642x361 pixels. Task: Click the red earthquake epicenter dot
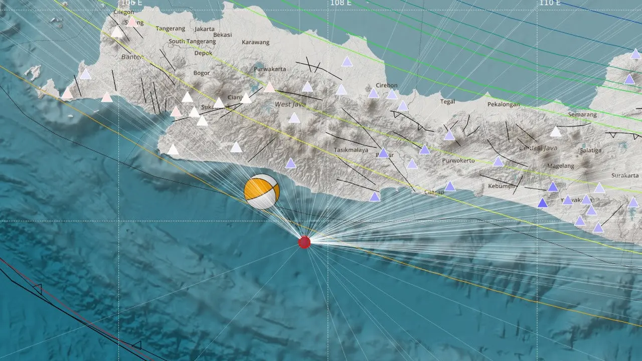(304, 242)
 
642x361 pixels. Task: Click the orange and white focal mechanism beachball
(261, 192)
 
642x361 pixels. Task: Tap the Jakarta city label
(204, 29)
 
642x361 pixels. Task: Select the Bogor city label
(202, 73)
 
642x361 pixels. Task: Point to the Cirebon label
(387, 86)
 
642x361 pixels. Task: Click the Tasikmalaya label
(351, 150)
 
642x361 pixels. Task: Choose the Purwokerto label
(458, 161)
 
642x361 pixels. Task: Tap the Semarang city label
(582, 115)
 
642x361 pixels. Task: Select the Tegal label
(447, 102)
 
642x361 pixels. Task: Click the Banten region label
(132, 57)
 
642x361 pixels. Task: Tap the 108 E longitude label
(341, 3)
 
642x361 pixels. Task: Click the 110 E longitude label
(550, 3)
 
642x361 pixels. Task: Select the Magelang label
(560, 166)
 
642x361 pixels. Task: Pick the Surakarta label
(625, 175)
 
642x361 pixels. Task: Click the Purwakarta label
(270, 69)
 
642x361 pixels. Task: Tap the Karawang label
(255, 43)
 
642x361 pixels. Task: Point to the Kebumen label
(502, 186)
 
